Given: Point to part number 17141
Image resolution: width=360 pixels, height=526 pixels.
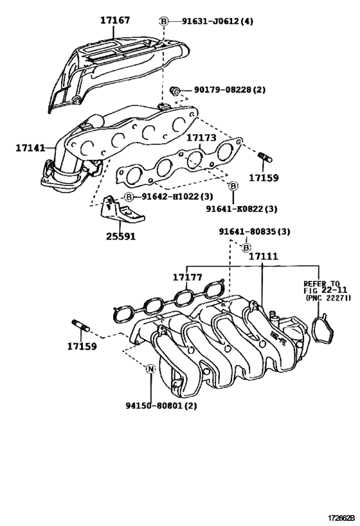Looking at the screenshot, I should pos(30,148).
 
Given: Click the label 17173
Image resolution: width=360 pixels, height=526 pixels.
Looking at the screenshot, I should pos(202,137).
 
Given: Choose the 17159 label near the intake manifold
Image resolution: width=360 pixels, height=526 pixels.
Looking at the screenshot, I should pos(82,347).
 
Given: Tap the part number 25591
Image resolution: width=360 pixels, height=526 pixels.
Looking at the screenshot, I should pos(122,235).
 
